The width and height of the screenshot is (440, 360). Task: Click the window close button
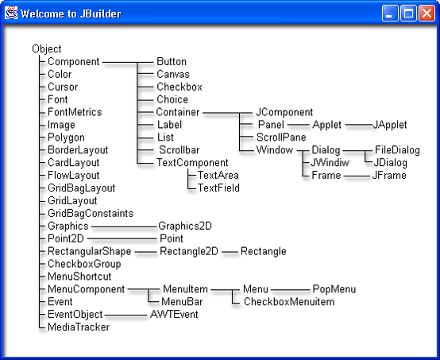point(426,14)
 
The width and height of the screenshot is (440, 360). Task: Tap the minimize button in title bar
point(390,14)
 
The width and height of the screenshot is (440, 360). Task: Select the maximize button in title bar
point(408,14)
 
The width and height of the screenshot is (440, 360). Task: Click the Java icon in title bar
point(11,13)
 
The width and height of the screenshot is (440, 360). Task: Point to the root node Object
point(47,48)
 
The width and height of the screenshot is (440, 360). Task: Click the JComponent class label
point(284,112)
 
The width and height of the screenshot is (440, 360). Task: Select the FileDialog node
point(397,150)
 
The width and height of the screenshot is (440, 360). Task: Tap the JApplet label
point(390,125)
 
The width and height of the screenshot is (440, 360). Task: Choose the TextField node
point(218,188)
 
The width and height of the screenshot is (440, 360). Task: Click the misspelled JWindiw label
point(330,162)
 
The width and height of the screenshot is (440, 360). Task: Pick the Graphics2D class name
point(185,226)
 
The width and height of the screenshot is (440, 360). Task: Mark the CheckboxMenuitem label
point(289,302)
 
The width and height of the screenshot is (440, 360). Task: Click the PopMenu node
point(334,289)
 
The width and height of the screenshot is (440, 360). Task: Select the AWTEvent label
point(174,314)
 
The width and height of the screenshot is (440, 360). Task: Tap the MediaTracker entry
point(79,327)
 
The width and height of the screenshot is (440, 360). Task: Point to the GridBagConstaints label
point(91,213)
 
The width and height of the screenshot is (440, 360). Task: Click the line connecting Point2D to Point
point(122,239)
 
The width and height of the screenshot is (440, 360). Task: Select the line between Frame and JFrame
point(357,176)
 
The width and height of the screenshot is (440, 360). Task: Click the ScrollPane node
point(281,137)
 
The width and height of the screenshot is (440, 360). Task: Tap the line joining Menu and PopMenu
point(291,289)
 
